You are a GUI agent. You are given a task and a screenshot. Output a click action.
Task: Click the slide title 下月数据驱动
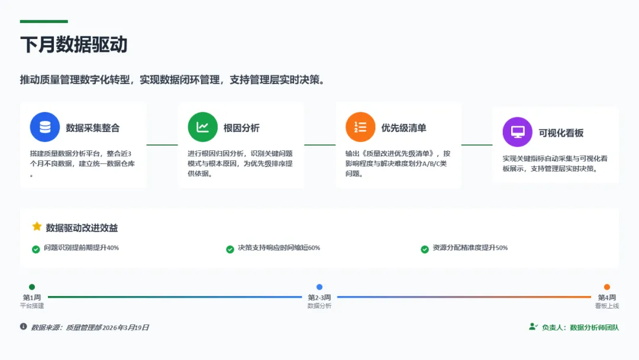pos(74,45)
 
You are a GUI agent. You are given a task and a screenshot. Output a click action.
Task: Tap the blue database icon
pos(45,127)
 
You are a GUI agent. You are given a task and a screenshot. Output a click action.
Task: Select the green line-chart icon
pos(203,127)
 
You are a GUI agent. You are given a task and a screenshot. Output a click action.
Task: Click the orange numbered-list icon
pos(360,127)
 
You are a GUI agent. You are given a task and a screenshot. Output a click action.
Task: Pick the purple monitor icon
pos(517,132)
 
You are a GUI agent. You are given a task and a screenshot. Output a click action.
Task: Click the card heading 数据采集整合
pos(93,128)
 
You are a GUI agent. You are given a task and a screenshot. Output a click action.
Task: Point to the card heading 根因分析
pos(241,128)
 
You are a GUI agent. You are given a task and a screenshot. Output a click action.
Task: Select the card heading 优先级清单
pos(404,128)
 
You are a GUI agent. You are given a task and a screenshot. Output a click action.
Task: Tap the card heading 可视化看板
pos(561,133)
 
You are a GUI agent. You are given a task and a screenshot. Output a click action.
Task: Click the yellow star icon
pos(37,227)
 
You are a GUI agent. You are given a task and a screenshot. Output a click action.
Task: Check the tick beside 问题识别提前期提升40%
pos(36,249)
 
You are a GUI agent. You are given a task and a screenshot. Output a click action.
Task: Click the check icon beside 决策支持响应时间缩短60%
pos(230,249)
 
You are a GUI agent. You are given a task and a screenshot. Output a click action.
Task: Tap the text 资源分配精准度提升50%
pos(470,248)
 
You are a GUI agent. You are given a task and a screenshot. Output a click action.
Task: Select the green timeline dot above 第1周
pos(32,287)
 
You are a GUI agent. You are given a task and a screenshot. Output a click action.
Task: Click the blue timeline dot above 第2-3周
pos(319,287)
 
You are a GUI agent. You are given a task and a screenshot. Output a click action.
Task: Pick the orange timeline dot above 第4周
pos(607,287)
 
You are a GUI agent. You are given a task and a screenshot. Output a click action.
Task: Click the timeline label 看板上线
pos(607,306)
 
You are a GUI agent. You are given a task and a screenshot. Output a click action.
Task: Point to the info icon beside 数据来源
pos(24,326)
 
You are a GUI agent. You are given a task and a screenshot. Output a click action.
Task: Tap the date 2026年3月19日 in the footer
pos(125,327)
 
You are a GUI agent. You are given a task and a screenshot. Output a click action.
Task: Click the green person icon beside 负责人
pos(533,327)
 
